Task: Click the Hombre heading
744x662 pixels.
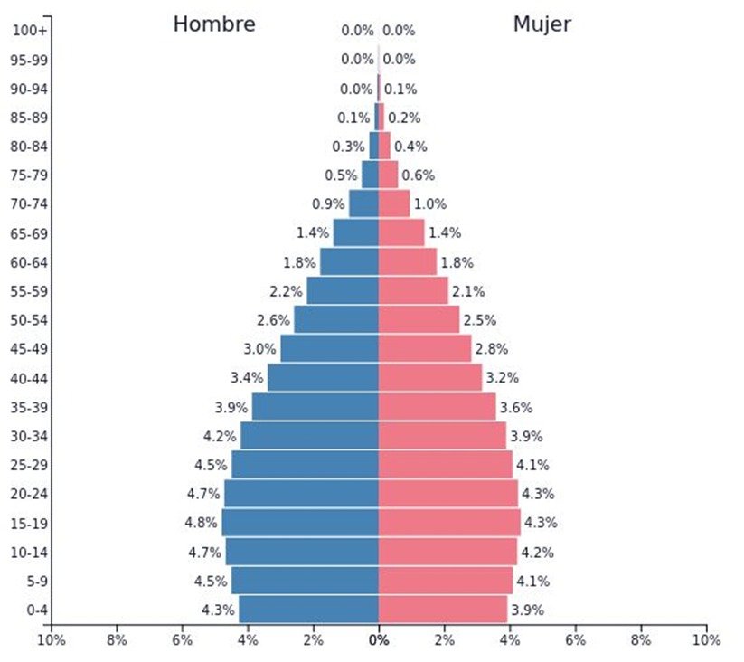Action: [x=214, y=24]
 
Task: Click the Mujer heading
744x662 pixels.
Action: [x=542, y=24]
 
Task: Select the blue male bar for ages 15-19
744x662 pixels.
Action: [x=300, y=523]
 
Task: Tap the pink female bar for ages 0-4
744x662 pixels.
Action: [x=442, y=610]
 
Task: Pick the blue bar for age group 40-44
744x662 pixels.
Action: [x=323, y=378]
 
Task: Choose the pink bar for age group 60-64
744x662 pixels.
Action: [x=407, y=262]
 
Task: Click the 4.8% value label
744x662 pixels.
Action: [x=202, y=523]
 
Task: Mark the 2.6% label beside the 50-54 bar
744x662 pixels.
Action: [x=273, y=320]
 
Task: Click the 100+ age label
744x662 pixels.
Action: [x=30, y=31]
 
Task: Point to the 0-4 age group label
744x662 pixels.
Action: [x=36, y=610]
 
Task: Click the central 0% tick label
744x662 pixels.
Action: [x=379, y=640]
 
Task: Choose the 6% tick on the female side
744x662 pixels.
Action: [x=575, y=640]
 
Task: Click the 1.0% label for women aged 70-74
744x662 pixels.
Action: [x=429, y=204]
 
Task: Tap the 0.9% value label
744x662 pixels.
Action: [x=327, y=204]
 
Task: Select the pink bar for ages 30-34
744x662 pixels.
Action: [x=442, y=436]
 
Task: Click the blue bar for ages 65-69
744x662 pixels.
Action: [x=355, y=233]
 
